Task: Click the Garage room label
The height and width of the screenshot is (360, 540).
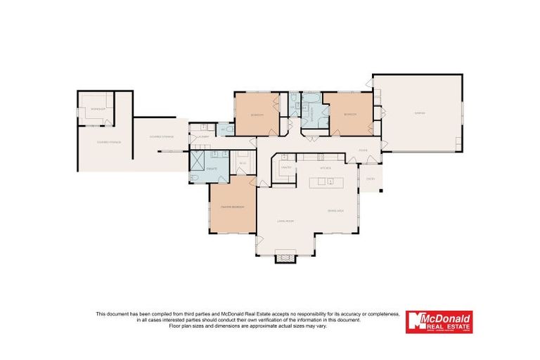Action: [x=419, y=113]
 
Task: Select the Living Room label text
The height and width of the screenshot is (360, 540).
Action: [x=284, y=221]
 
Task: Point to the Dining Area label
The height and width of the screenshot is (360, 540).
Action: [x=335, y=211]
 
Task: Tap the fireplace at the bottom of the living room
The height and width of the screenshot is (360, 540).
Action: [x=285, y=257]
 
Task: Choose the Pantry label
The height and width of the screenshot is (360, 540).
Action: [x=286, y=167]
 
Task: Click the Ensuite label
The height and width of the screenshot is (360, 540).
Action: [x=211, y=169]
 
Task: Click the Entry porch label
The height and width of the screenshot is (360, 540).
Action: [x=370, y=179]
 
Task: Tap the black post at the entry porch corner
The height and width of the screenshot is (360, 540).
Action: [x=380, y=191]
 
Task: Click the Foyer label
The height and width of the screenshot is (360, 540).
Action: [x=363, y=150]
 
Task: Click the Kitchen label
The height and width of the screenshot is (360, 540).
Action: [x=325, y=168]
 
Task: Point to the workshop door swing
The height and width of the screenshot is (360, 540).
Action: [x=107, y=122]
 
